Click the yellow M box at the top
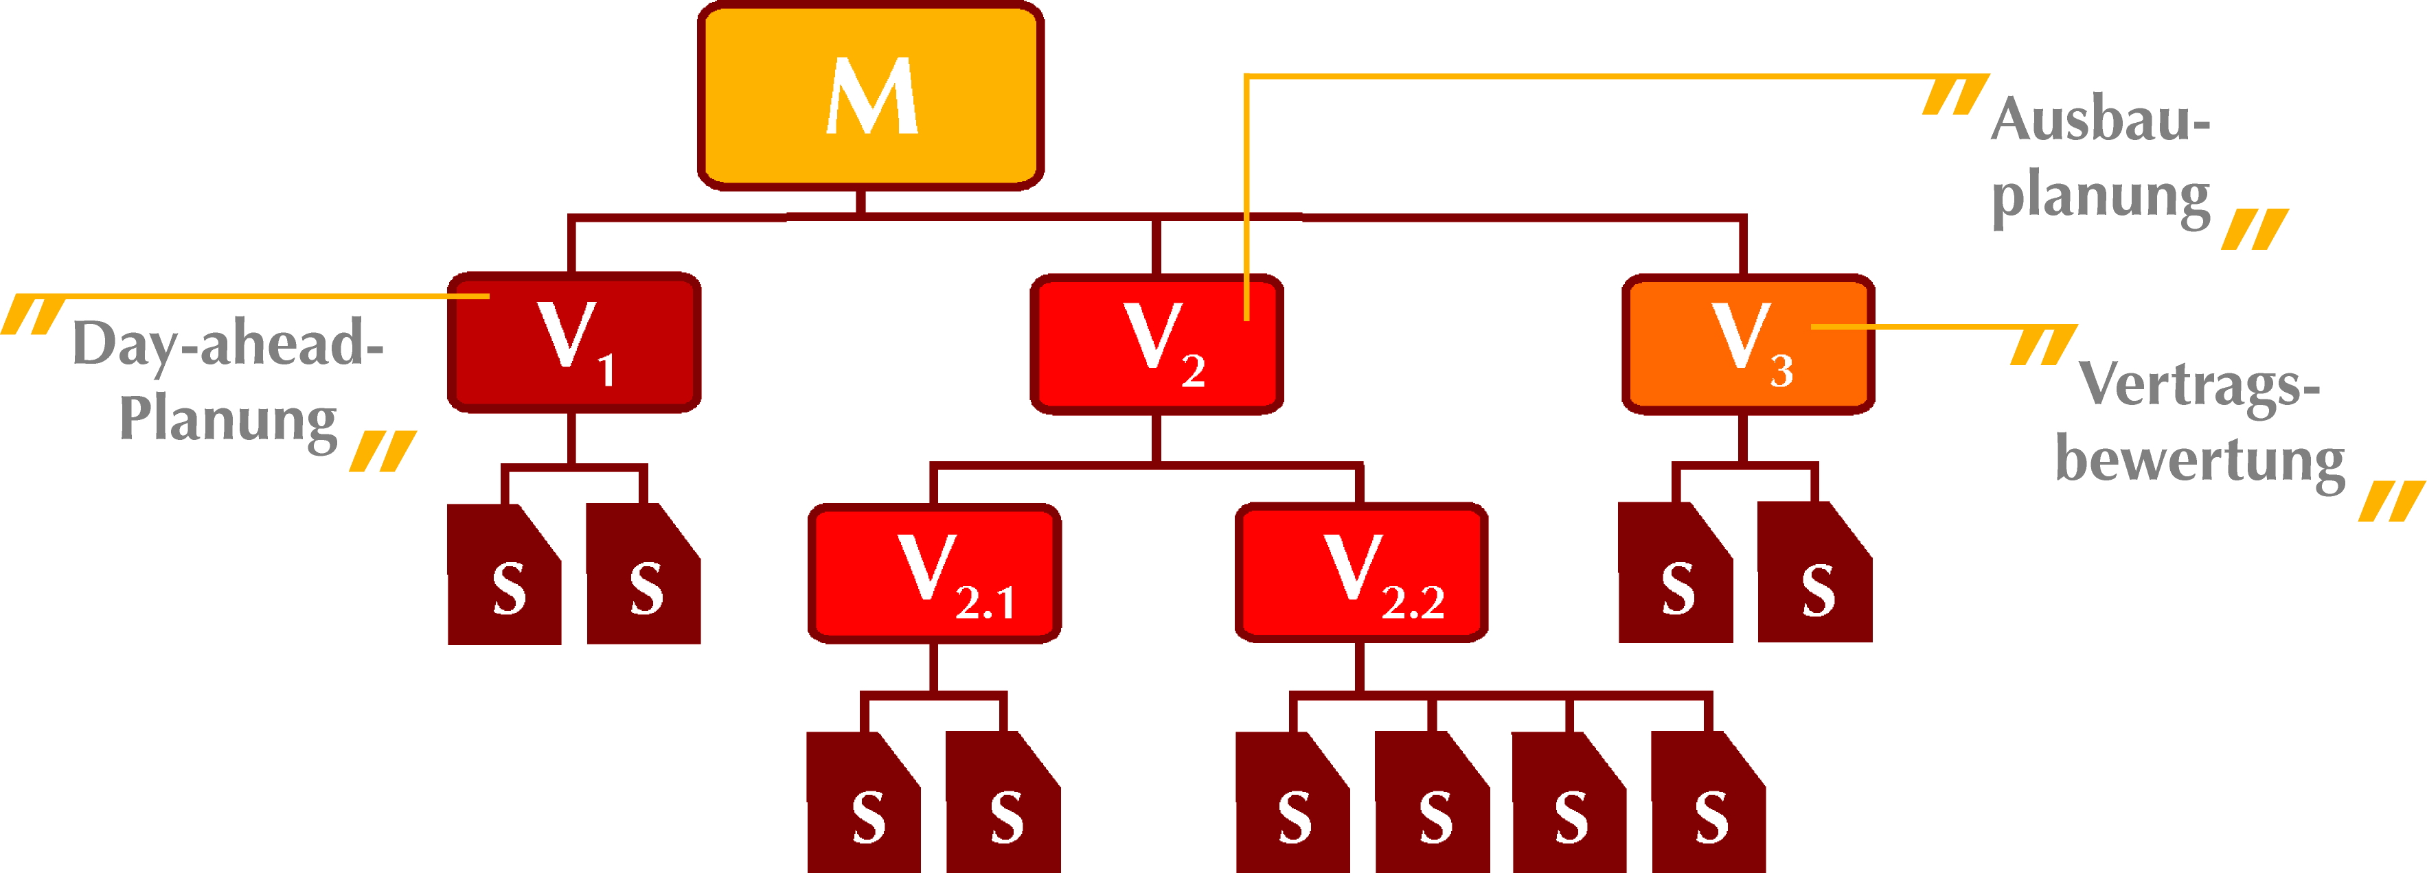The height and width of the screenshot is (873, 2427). point(871,96)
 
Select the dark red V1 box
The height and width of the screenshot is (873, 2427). point(573,342)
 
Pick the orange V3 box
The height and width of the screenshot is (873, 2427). point(1748,345)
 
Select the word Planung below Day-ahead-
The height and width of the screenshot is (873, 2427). point(228,420)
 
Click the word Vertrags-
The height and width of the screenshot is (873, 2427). point(2199,384)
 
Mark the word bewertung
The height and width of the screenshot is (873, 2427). point(2200,461)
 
